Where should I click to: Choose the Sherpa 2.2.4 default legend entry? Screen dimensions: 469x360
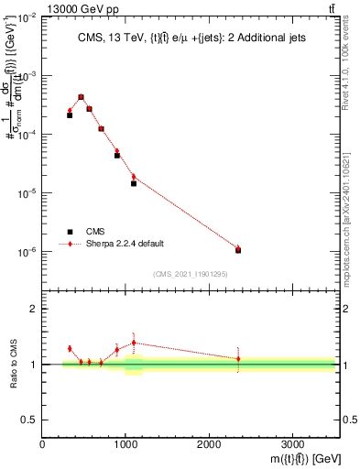point(125,244)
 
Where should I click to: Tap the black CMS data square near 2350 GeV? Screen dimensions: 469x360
point(238,250)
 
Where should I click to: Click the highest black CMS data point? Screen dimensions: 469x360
point(81,97)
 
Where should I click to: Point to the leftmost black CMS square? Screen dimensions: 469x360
point(70,115)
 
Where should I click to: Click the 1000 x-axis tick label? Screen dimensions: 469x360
point(125,443)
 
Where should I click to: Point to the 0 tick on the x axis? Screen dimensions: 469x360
point(42,443)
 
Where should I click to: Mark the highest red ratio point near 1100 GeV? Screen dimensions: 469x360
point(134,343)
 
